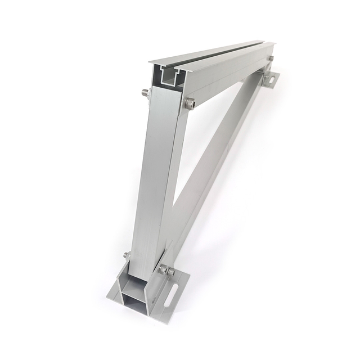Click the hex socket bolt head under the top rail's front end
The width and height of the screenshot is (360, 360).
pyautogui.click(x=190, y=103)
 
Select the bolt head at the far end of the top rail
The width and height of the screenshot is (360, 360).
pyautogui.click(x=271, y=58)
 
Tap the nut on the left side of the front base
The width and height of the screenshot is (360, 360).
pyautogui.click(x=127, y=256)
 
